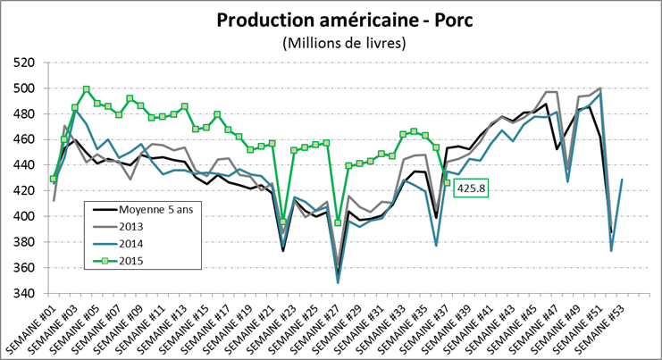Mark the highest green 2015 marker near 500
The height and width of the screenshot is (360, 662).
[x=86, y=89]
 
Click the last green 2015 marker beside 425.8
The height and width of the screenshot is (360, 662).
[x=447, y=183]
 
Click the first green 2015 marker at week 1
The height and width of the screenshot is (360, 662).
[x=54, y=179]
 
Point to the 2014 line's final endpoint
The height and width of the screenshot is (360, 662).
[x=622, y=180]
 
